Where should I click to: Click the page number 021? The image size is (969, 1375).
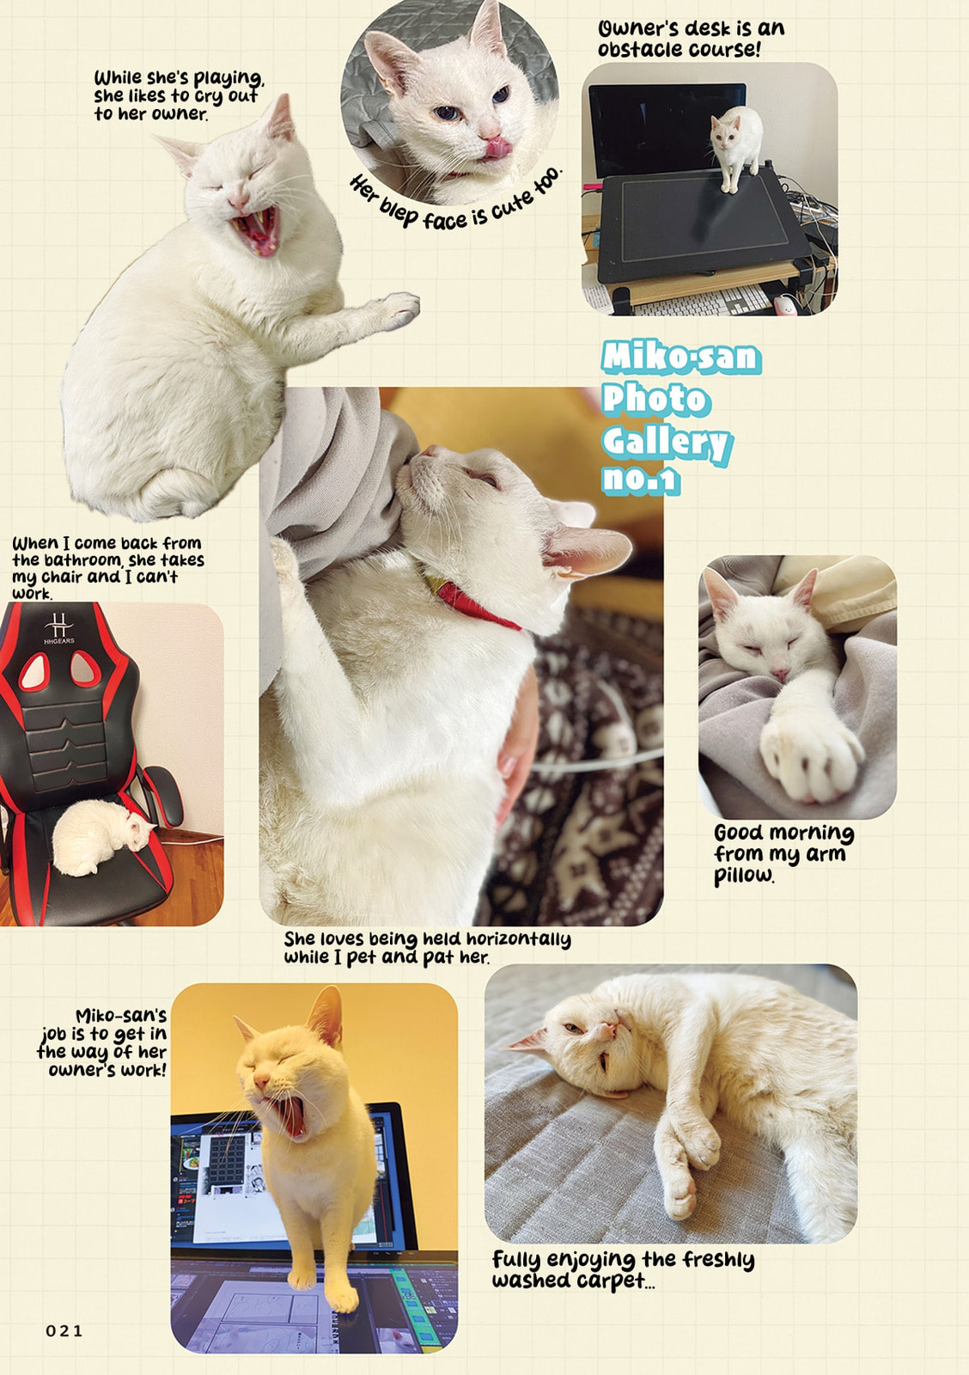pos(64,1331)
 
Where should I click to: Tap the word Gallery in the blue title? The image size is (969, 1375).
pos(666,442)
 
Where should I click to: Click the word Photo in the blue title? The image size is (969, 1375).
pos(655,399)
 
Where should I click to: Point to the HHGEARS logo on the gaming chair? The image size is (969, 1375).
pos(59,628)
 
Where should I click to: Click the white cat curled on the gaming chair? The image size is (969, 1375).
pos(99,837)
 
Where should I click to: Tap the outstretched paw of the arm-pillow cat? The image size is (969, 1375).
pos(812,756)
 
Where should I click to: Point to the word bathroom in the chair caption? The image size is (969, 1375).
pos(82,560)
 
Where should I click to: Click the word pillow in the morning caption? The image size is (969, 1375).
pos(744,876)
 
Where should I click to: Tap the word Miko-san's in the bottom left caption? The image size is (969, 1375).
pos(121,1015)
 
